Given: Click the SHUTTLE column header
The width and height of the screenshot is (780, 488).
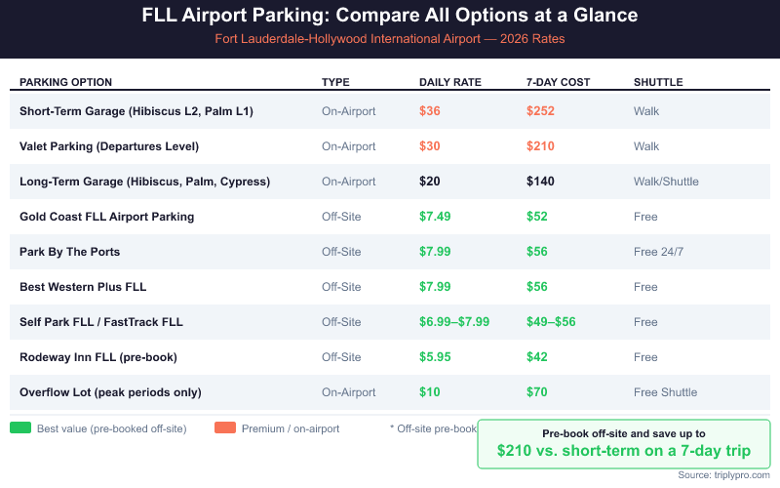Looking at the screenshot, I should pos(658,82).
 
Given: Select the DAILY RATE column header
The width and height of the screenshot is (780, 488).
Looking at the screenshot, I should pos(450,82).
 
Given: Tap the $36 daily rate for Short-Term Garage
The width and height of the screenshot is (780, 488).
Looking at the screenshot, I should pos(430,111).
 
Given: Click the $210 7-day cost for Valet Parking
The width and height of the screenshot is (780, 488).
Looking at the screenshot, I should pos(540,146).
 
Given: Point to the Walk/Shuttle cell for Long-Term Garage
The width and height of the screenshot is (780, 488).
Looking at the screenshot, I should pos(666,182).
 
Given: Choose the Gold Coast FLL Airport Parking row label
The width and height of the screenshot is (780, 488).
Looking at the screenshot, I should pos(106,217).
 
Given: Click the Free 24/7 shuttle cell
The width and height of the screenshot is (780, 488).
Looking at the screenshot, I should pos(659,252).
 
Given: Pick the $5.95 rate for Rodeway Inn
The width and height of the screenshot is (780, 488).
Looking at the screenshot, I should pos(435,357).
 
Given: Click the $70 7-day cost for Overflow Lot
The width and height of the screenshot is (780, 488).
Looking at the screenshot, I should pos(536,392).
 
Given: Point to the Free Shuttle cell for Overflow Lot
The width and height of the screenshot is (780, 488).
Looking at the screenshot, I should pos(665,392).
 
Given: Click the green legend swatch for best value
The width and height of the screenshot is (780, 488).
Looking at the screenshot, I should pos(20,427).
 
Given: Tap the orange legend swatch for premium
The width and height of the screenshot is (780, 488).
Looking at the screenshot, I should pos(225,427).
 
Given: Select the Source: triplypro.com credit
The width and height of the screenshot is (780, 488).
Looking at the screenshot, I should pos(723,475).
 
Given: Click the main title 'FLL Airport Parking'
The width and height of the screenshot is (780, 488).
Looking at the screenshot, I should pos(390,17).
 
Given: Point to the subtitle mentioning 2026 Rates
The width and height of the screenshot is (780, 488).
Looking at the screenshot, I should pos(390,39).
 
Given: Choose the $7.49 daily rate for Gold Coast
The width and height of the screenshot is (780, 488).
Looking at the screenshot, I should pos(435,217).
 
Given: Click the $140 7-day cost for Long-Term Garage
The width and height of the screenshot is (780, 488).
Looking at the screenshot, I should pos(540,182).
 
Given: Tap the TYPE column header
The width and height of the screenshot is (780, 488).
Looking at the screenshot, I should pos(335,82).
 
